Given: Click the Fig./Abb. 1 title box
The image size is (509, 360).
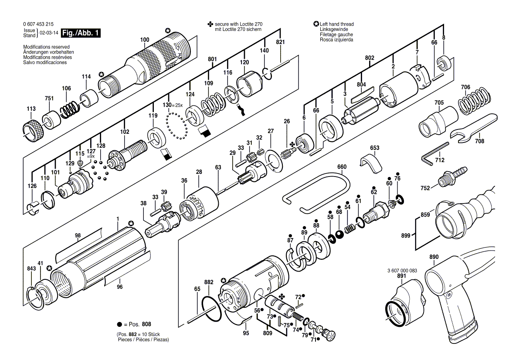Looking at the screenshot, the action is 81,33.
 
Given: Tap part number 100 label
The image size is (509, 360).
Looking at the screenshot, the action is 145,40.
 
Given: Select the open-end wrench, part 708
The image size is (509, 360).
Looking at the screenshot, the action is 473,127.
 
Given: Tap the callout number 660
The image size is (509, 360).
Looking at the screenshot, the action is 342,167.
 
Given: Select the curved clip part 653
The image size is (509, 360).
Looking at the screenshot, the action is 371,162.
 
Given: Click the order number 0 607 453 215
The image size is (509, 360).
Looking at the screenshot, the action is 38,24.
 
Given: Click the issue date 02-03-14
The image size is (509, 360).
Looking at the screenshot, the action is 49,33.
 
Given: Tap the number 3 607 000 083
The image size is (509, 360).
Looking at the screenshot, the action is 402,271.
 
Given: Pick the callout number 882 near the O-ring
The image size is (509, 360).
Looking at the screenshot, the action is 209,282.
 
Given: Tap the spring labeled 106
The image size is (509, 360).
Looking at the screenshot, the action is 70,108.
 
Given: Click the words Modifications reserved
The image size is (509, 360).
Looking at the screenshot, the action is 47,47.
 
